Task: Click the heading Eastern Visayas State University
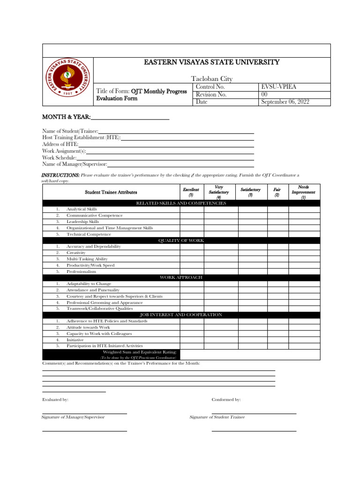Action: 212,62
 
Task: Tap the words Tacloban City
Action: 212,79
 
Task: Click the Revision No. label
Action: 211,94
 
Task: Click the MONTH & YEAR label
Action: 67,117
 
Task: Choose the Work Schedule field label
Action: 60,158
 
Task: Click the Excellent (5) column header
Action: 191,192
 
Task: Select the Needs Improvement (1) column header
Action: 303,192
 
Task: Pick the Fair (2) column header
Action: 277,192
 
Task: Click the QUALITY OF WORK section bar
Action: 181,240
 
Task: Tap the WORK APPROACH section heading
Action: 181,277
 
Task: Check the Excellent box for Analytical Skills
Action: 191,210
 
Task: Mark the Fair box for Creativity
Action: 277,253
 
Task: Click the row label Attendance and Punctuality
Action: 93,290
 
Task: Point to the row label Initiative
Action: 75,340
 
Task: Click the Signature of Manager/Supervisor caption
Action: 73,417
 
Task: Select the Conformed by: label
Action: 226,399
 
